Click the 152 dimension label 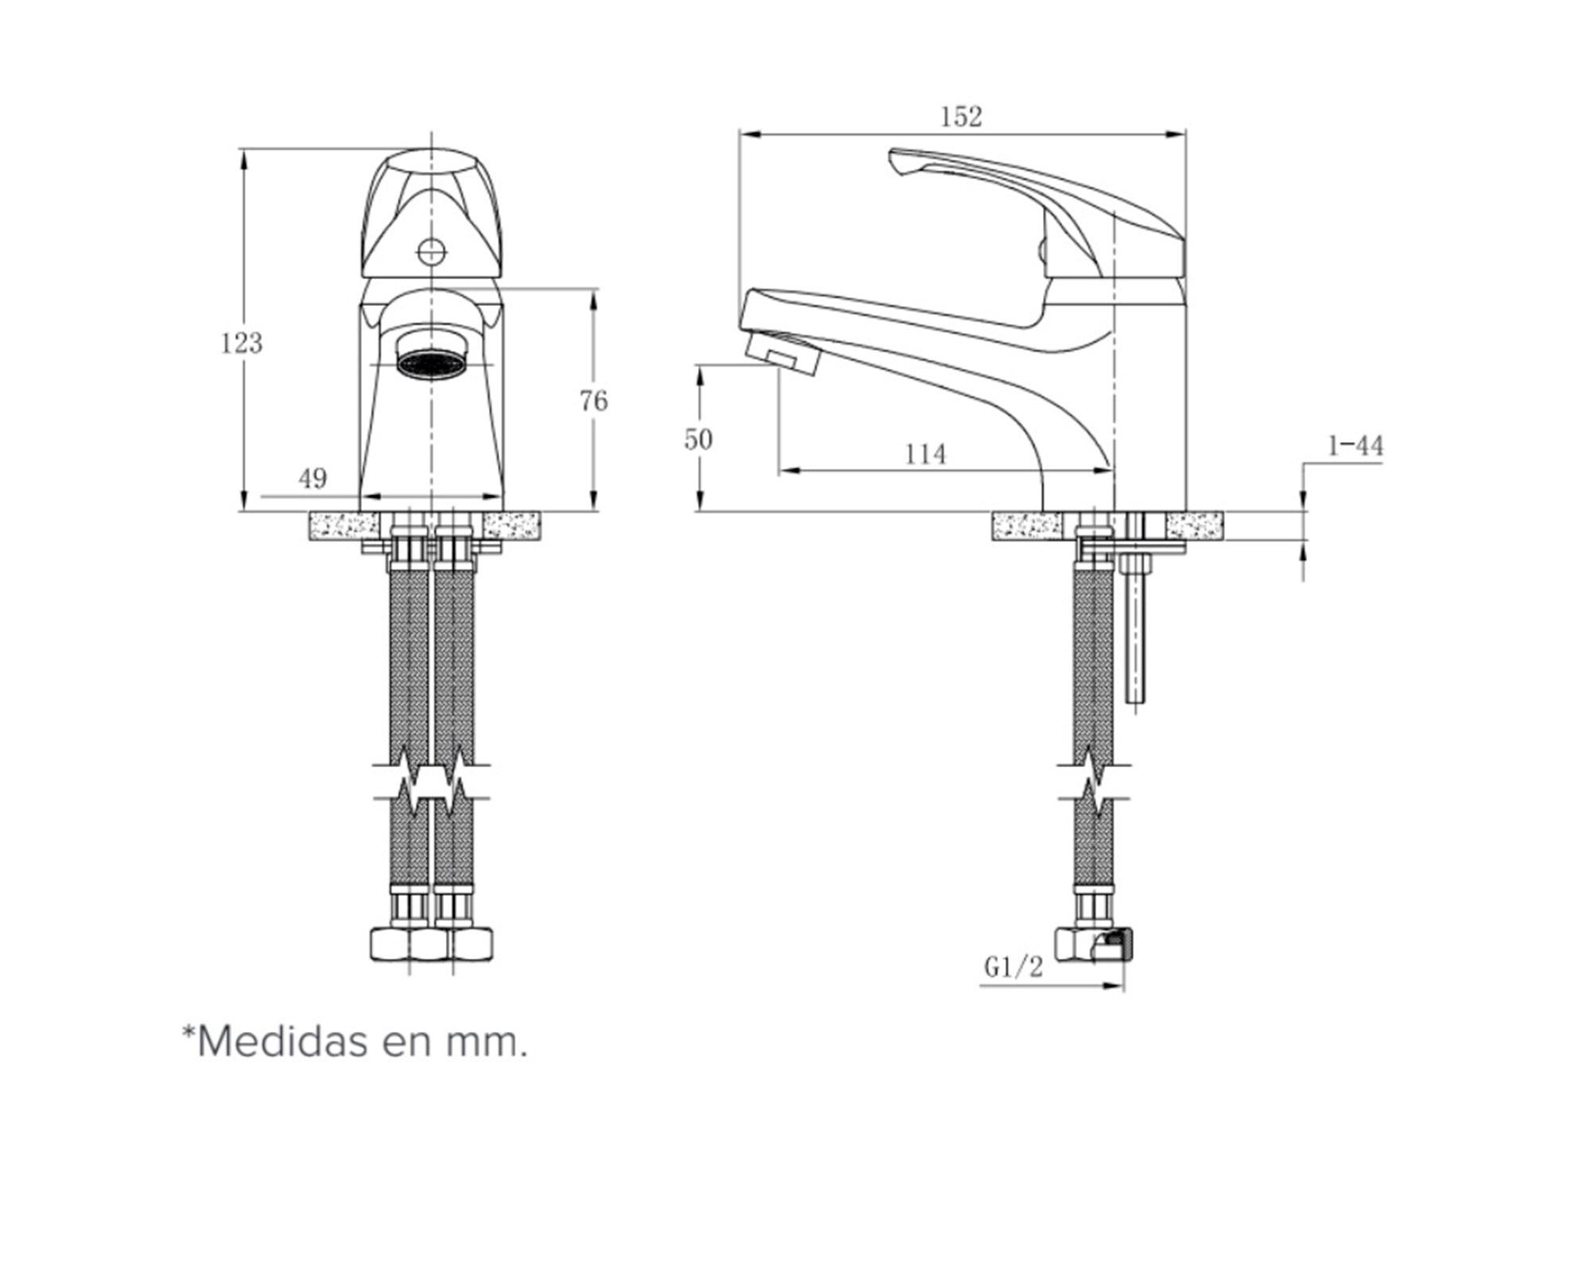point(961,117)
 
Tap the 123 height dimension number point(241,343)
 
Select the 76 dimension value point(593,401)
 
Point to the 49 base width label point(312,478)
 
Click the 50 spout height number point(698,439)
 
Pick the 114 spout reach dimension point(925,454)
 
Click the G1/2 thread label point(1013,967)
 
